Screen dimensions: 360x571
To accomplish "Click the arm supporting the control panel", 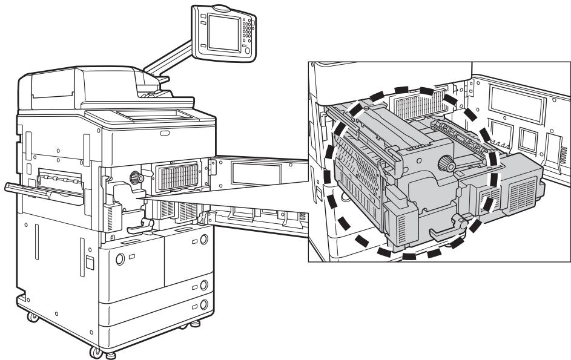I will [x=173, y=67].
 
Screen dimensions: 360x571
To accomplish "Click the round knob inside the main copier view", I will [x=135, y=178].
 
